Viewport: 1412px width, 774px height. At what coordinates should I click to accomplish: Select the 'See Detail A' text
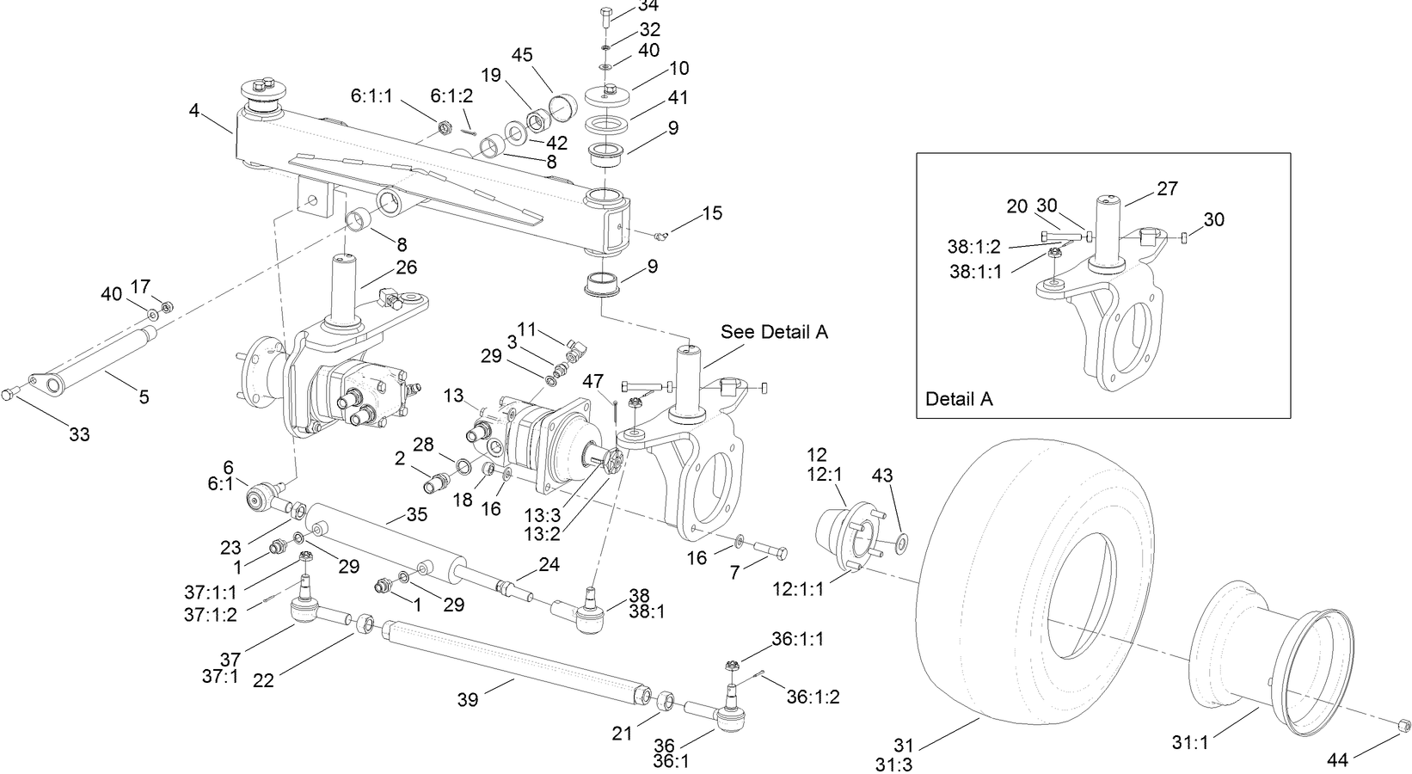(x=774, y=332)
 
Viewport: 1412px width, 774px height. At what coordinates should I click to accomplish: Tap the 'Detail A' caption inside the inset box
(x=959, y=399)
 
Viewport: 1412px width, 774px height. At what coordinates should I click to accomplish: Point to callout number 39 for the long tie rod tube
(x=468, y=700)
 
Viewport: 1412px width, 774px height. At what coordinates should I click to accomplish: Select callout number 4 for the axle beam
(x=194, y=110)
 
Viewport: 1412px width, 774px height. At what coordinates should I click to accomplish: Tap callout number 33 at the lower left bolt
(x=79, y=434)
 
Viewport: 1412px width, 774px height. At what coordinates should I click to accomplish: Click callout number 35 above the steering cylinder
(x=416, y=515)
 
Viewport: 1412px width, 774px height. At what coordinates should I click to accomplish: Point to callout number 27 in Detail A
(x=1168, y=188)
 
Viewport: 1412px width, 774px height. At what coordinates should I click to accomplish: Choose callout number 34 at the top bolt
(x=648, y=7)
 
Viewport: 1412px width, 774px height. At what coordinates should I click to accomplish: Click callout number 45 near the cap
(x=522, y=55)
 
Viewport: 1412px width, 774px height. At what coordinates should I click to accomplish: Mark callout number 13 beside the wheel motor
(x=454, y=395)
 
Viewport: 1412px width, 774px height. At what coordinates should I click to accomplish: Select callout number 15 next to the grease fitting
(x=712, y=212)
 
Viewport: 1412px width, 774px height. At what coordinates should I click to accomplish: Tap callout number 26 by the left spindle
(x=406, y=267)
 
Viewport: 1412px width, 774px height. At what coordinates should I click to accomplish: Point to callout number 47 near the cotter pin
(x=593, y=381)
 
